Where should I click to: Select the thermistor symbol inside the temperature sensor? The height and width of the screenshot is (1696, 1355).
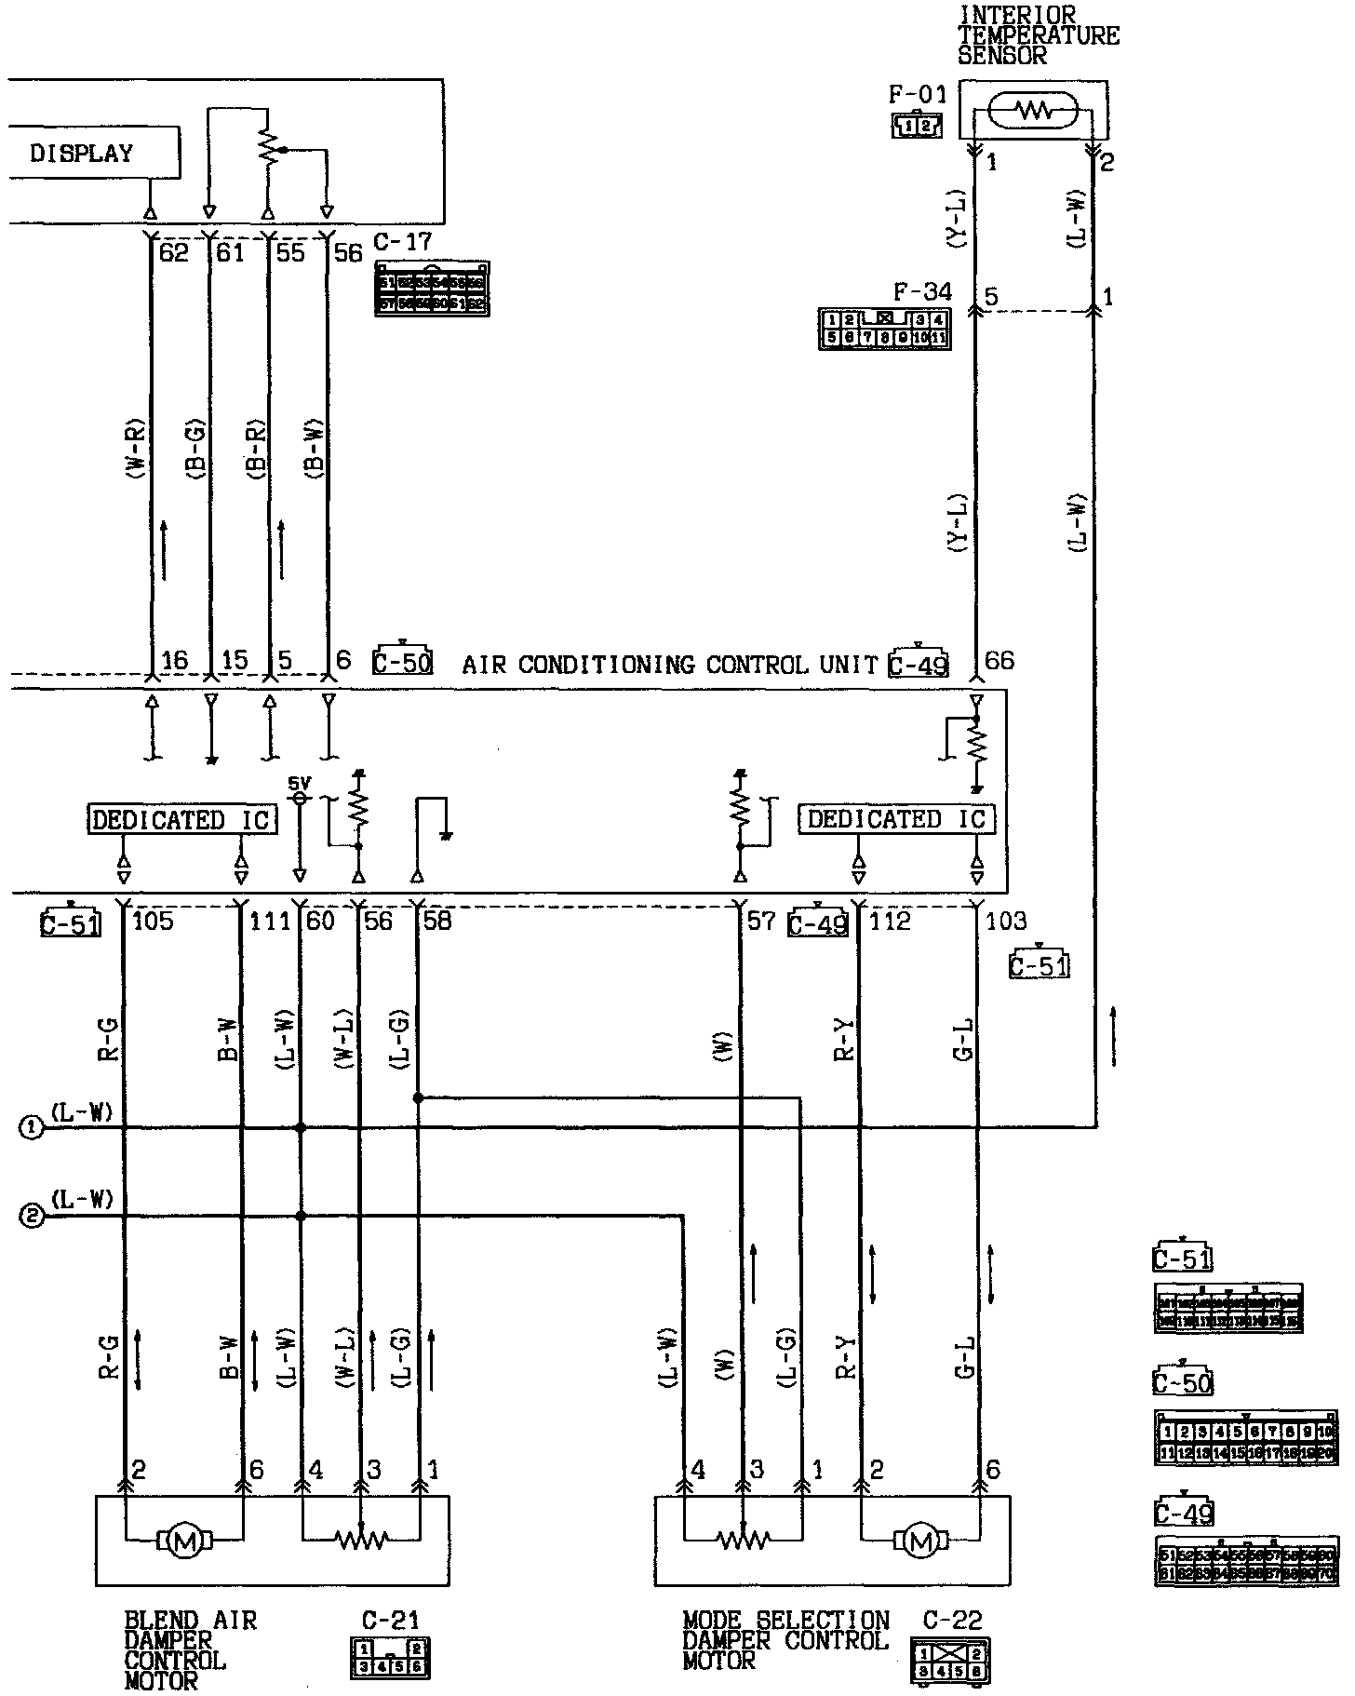[x=1032, y=112]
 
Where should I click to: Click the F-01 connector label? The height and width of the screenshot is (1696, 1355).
[x=917, y=94]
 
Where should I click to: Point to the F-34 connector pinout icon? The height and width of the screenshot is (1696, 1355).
[x=883, y=330]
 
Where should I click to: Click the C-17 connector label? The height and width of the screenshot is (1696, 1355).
[x=403, y=242]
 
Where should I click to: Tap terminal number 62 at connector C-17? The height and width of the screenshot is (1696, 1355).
[x=174, y=252]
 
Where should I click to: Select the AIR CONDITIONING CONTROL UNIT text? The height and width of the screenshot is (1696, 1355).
[x=670, y=665]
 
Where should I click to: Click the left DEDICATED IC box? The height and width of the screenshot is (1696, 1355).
[x=182, y=820]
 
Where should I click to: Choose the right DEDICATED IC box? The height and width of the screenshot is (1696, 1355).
[x=895, y=819]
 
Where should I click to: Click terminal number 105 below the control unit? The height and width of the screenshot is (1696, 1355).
[x=154, y=922]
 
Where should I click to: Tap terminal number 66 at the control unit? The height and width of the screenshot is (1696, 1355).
[x=999, y=662]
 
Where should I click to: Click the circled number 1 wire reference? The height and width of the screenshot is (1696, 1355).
[x=32, y=1128]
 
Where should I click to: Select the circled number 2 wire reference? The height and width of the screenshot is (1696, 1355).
[x=32, y=1217]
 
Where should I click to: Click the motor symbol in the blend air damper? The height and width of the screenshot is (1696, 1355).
[x=186, y=1541]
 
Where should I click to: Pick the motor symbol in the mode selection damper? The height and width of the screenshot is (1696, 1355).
[x=920, y=1542]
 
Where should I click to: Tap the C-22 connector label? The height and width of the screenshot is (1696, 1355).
[x=952, y=1621]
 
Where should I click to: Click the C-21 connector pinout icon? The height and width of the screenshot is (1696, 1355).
[x=390, y=1657]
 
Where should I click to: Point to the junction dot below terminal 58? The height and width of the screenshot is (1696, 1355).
[x=418, y=1098]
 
